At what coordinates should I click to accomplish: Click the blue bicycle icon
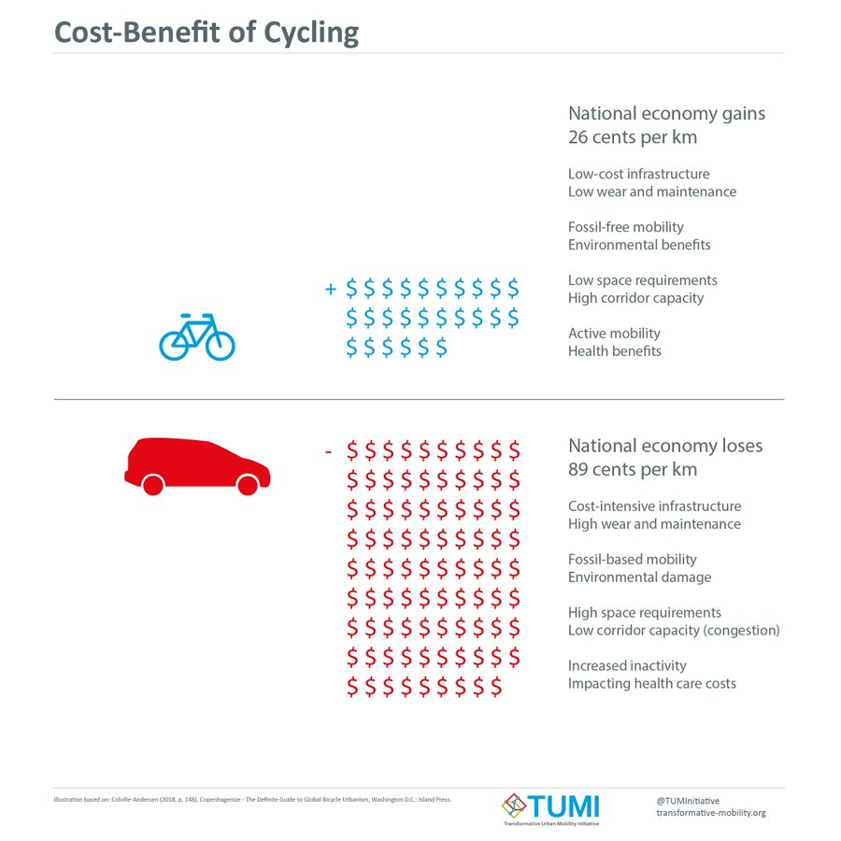197,336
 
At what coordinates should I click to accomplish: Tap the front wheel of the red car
248,485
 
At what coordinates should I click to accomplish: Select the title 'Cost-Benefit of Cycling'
207,32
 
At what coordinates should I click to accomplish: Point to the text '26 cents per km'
633,136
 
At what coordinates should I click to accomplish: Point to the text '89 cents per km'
633,469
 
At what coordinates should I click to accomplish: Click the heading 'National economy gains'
666,113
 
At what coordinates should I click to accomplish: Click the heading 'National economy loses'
665,446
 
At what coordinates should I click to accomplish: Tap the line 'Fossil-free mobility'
626,227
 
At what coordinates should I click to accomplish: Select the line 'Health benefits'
615,351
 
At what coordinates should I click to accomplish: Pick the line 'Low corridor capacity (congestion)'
674,630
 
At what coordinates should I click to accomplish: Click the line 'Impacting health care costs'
652,683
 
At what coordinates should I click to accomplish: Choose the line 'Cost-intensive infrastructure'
655,506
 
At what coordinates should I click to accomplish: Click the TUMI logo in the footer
550,806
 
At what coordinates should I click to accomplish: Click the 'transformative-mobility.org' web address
711,813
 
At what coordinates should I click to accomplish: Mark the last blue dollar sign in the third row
440,348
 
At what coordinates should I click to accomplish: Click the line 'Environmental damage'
640,577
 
